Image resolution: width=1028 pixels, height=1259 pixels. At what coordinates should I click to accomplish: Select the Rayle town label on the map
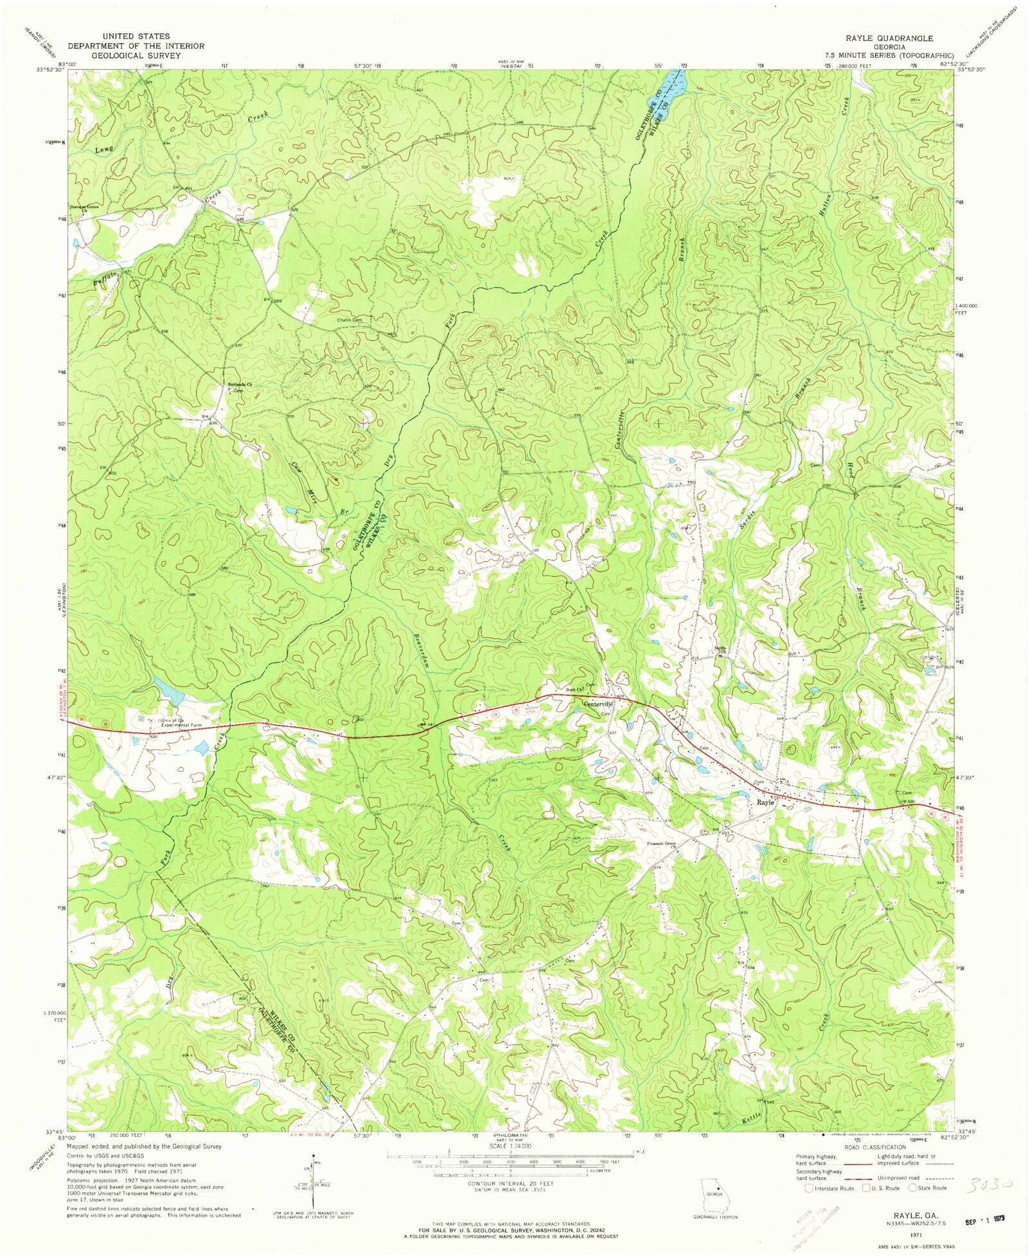pos(765,803)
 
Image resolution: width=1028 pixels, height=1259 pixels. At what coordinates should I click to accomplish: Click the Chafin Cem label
pos(350,320)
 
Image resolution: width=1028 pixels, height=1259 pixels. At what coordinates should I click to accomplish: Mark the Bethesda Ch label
pos(240,385)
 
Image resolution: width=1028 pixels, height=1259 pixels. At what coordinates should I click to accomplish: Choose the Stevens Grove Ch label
pos(84,208)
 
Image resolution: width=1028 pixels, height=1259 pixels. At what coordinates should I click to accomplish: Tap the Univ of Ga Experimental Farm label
pos(181,722)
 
